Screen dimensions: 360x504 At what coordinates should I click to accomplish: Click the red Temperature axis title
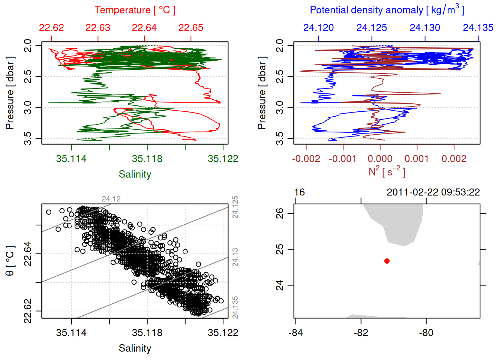(x=135, y=10)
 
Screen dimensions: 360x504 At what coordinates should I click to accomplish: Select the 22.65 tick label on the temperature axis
(x=191, y=28)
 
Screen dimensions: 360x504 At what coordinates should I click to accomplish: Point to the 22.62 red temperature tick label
(x=51, y=28)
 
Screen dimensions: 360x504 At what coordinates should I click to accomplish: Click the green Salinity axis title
(x=135, y=174)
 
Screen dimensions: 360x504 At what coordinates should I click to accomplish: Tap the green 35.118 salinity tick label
(x=147, y=159)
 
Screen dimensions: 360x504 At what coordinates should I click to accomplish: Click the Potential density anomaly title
(x=387, y=10)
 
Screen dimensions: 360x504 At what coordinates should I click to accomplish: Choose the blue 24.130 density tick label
(x=425, y=28)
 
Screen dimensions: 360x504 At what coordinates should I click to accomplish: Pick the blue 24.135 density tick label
(x=478, y=28)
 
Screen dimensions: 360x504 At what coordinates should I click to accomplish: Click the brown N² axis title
(x=387, y=171)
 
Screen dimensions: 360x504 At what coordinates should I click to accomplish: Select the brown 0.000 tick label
(x=380, y=159)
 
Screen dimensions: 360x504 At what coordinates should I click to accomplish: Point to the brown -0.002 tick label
(x=306, y=159)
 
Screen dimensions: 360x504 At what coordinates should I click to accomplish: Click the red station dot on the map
(x=387, y=261)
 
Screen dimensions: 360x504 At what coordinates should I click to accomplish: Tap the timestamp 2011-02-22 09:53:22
(x=433, y=192)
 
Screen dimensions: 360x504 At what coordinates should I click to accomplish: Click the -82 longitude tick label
(x=361, y=333)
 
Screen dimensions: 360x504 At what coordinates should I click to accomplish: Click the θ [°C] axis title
(x=10, y=261)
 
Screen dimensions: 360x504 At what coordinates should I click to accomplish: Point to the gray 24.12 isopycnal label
(x=111, y=199)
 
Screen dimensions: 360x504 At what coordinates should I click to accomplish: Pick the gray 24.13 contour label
(x=235, y=257)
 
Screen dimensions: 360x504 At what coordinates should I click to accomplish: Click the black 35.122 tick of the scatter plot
(x=223, y=333)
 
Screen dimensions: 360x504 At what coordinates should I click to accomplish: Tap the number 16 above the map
(x=299, y=192)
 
